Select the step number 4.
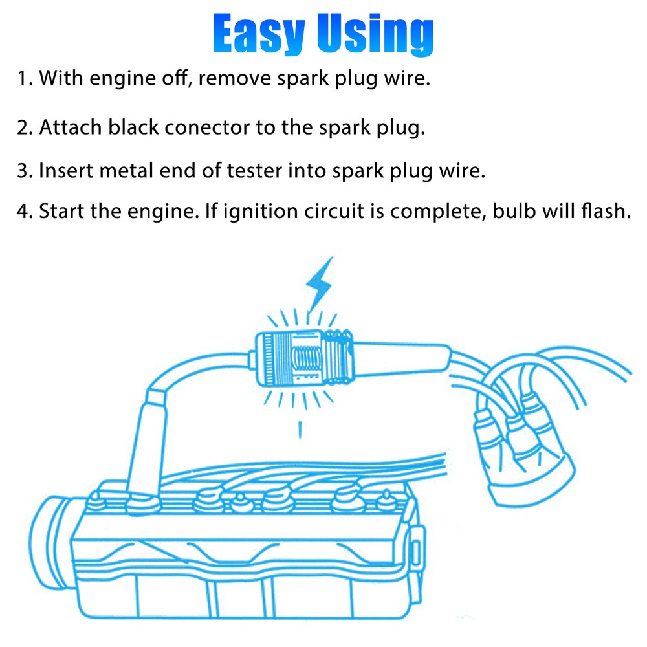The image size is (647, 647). click(25, 212)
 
